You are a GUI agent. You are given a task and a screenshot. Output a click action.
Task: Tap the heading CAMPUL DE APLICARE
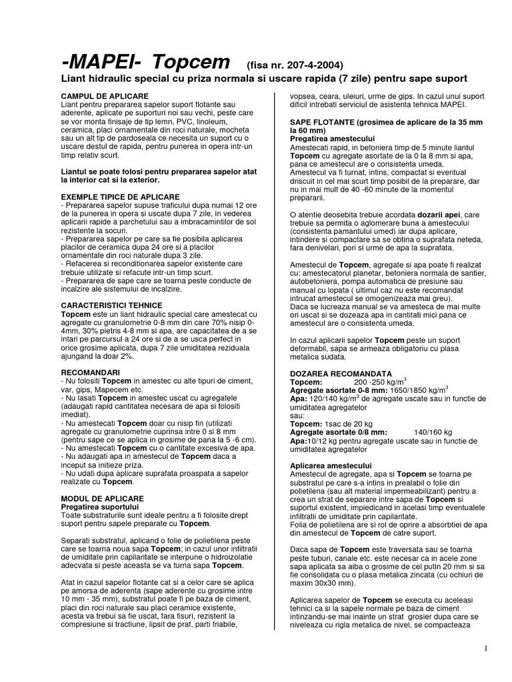[x=104, y=97]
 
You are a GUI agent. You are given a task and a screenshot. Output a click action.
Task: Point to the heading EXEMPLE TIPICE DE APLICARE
[x=120, y=196]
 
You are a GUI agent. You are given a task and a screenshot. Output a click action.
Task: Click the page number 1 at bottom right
[x=486, y=648]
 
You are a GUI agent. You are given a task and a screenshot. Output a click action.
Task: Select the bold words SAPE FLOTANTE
[x=321, y=123]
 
